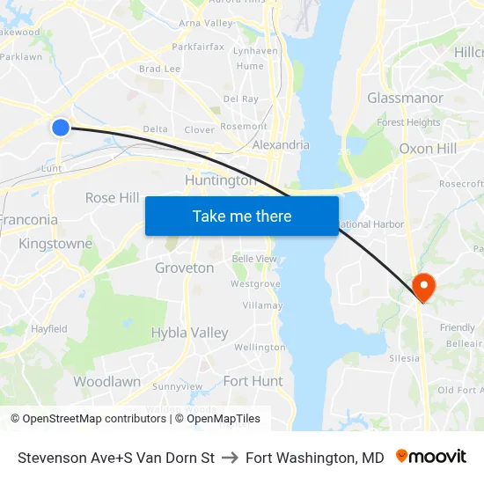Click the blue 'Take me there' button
click(242, 216)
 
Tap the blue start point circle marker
click(61, 128)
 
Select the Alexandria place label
click(281, 145)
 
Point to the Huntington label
click(220, 180)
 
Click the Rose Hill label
click(113, 197)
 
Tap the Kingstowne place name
click(55, 243)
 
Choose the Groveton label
click(184, 268)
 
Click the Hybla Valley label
click(189, 333)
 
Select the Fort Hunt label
click(253, 381)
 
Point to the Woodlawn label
click(106, 382)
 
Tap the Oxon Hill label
click(428, 149)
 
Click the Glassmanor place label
click(405, 98)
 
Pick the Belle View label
click(253, 259)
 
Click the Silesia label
click(404, 359)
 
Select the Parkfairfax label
click(198, 47)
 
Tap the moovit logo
click(431, 457)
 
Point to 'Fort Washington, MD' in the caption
click(315, 458)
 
